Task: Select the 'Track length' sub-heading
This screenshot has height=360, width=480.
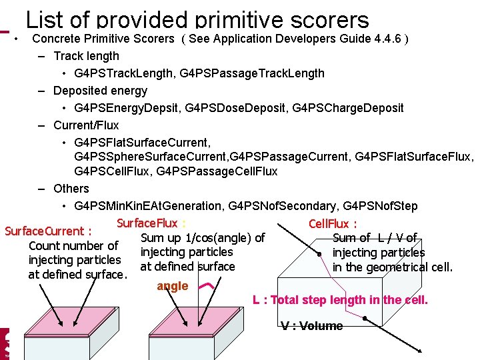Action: point(86,56)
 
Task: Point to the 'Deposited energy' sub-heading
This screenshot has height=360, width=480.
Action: point(100,91)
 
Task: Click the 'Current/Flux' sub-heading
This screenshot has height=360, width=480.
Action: point(86,125)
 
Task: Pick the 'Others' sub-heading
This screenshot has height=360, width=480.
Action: point(71,189)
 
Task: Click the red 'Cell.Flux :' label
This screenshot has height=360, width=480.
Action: point(333,224)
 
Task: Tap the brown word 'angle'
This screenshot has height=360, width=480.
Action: point(173,286)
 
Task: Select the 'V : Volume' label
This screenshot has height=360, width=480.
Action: point(311,326)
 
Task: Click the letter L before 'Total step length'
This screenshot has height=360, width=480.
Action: point(256,300)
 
